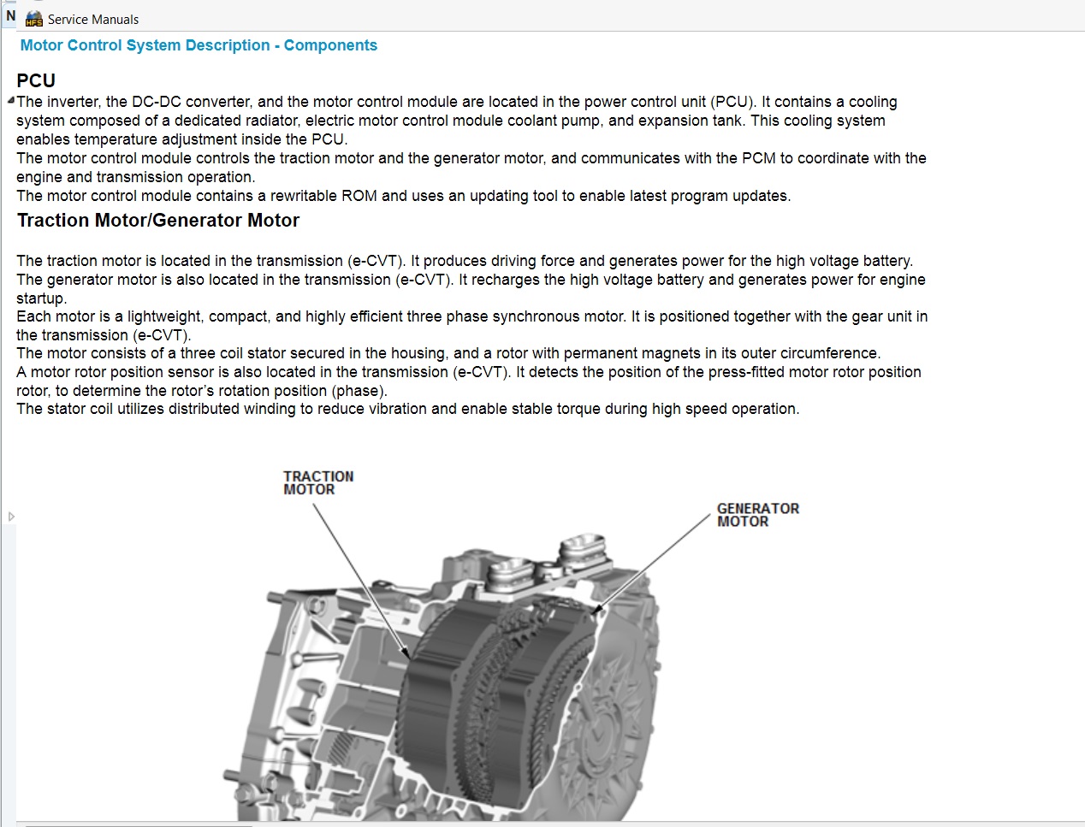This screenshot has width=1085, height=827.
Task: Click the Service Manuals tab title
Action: click(x=92, y=19)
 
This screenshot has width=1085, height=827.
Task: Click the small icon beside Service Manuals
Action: click(x=34, y=19)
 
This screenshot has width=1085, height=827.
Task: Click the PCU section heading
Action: click(x=36, y=80)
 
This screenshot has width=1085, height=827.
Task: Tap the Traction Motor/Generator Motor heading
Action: click(x=158, y=221)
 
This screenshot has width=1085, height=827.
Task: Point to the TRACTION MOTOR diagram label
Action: click(x=318, y=482)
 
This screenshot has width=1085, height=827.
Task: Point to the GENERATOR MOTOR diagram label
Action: click(x=757, y=515)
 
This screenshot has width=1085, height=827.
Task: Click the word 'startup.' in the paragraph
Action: click(x=41, y=298)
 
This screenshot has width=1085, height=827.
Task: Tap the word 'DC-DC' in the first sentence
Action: click(x=157, y=102)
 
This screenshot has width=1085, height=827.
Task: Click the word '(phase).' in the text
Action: click(x=359, y=391)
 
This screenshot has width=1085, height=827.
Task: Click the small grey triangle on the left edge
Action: click(x=11, y=517)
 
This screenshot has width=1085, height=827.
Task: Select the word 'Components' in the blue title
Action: click(x=330, y=45)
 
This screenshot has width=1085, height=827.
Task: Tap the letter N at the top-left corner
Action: click(x=10, y=15)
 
